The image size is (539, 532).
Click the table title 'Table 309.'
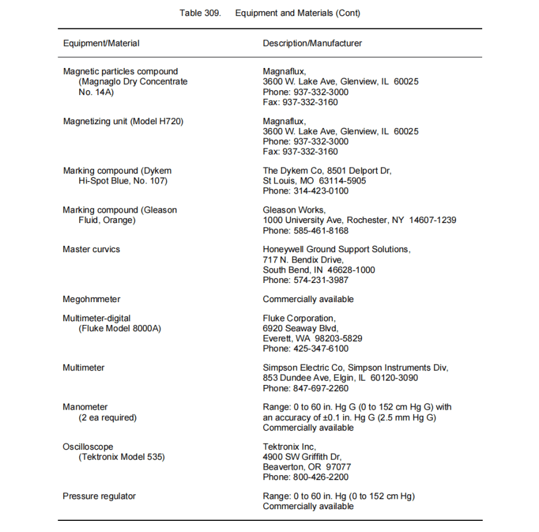point(200,13)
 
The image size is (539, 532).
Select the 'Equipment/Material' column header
point(101,43)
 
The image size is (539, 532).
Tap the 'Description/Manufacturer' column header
point(312,43)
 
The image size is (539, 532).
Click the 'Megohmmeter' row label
point(91,299)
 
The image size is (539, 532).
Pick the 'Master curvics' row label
point(91,250)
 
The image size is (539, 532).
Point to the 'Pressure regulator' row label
point(99,496)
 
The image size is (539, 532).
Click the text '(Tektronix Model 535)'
point(122,457)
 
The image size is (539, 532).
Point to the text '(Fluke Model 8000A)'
point(120,329)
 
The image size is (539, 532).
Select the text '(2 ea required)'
point(108,417)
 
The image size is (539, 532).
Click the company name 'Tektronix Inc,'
point(289,447)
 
